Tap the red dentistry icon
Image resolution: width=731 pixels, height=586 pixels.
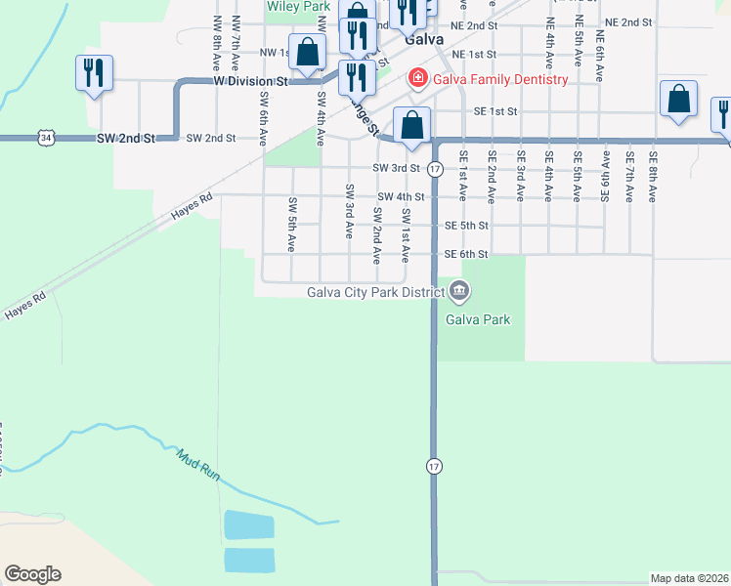pyautogui.click(x=418, y=78)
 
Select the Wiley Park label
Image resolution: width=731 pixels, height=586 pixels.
pyautogui.click(x=298, y=6)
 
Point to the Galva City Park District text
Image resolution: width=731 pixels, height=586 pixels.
pyautogui.click(x=375, y=291)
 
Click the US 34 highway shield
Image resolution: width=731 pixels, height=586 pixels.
pyautogui.click(x=47, y=139)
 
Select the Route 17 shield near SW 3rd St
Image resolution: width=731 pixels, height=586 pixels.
pyautogui.click(x=436, y=170)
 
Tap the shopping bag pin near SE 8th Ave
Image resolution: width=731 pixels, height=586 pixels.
pyautogui.click(x=678, y=101)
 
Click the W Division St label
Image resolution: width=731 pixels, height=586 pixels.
pyautogui.click(x=249, y=82)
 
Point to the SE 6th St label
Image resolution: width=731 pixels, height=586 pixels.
pyautogui.click(x=465, y=255)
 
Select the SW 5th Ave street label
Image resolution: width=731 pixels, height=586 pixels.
pyautogui.click(x=292, y=225)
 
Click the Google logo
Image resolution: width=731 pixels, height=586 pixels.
pyautogui.click(x=32, y=574)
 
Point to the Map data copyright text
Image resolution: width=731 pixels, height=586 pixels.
pyautogui.click(x=689, y=578)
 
